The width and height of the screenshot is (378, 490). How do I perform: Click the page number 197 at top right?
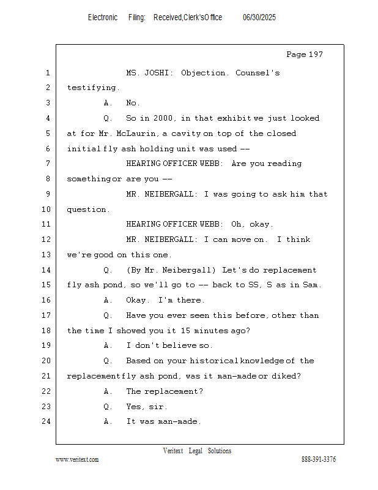coord(316,55)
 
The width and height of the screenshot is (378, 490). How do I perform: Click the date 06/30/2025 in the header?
coord(259,17)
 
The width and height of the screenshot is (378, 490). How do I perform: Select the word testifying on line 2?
coord(93,88)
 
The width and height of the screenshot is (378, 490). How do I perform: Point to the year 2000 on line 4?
coord(163,118)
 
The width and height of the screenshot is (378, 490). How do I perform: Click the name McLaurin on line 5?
coord(136,134)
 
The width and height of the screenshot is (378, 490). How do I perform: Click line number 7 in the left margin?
coord(48,164)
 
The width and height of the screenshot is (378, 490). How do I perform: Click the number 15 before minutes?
coord(185,331)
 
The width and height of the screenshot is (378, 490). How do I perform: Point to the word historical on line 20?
coord(214,361)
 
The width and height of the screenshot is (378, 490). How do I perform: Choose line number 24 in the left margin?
coord(46,421)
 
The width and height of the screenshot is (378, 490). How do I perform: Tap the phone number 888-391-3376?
coord(319,459)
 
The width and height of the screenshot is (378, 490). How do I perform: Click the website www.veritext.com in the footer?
coord(77,459)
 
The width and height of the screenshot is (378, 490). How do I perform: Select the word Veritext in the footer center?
coord(173,451)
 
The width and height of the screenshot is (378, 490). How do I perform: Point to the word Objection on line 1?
coord(203,73)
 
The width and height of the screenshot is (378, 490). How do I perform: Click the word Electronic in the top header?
coord(103,17)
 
